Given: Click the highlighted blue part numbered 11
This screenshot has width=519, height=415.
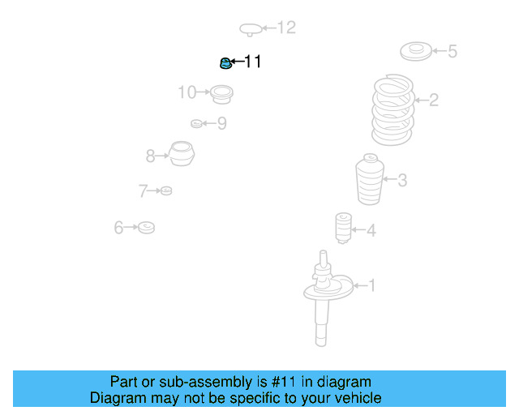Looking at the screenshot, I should [226, 62].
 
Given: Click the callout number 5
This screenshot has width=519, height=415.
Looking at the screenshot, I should [452, 52].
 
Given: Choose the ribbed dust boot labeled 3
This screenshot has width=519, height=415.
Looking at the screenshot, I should [370, 181].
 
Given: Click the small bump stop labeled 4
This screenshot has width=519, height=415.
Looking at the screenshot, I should [343, 228].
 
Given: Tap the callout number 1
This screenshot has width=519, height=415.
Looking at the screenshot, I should [372, 285].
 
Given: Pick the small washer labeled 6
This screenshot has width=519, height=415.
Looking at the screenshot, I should [146, 227].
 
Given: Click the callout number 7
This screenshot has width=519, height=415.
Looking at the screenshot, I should [143, 191].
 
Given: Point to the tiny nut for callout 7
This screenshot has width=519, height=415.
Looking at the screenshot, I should [166, 190].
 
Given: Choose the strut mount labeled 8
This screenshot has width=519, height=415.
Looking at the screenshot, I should [182, 154].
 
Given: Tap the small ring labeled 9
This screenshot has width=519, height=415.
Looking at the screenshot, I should [196, 123].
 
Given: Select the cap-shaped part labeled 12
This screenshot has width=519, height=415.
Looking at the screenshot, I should [251, 30].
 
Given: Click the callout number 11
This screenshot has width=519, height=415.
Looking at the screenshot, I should [253, 62].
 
